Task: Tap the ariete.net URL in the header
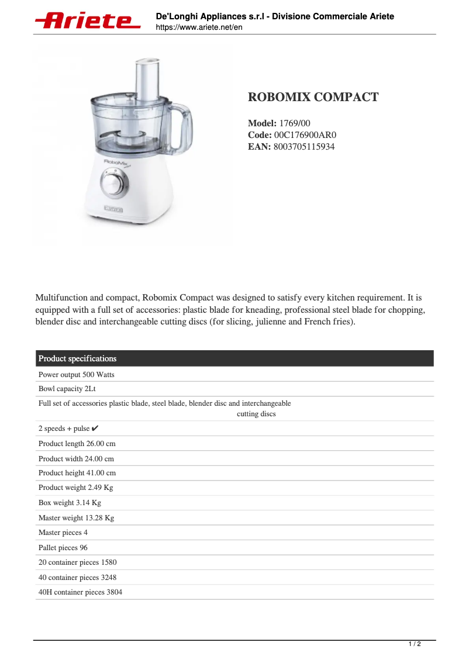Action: [x=199, y=27]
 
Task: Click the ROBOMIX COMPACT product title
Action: [x=313, y=97]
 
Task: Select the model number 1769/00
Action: [x=295, y=123]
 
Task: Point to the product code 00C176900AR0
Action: [x=305, y=135]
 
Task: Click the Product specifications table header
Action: [x=77, y=358]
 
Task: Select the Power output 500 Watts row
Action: [x=77, y=374]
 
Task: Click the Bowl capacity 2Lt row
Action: [x=67, y=389]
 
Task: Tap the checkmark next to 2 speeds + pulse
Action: [x=95, y=429]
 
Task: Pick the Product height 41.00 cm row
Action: [x=77, y=473]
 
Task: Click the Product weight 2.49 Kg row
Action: [x=75, y=488]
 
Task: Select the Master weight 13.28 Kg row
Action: [x=76, y=518]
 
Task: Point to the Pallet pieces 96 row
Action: [x=63, y=548]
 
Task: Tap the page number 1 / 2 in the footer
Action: [x=414, y=644]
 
